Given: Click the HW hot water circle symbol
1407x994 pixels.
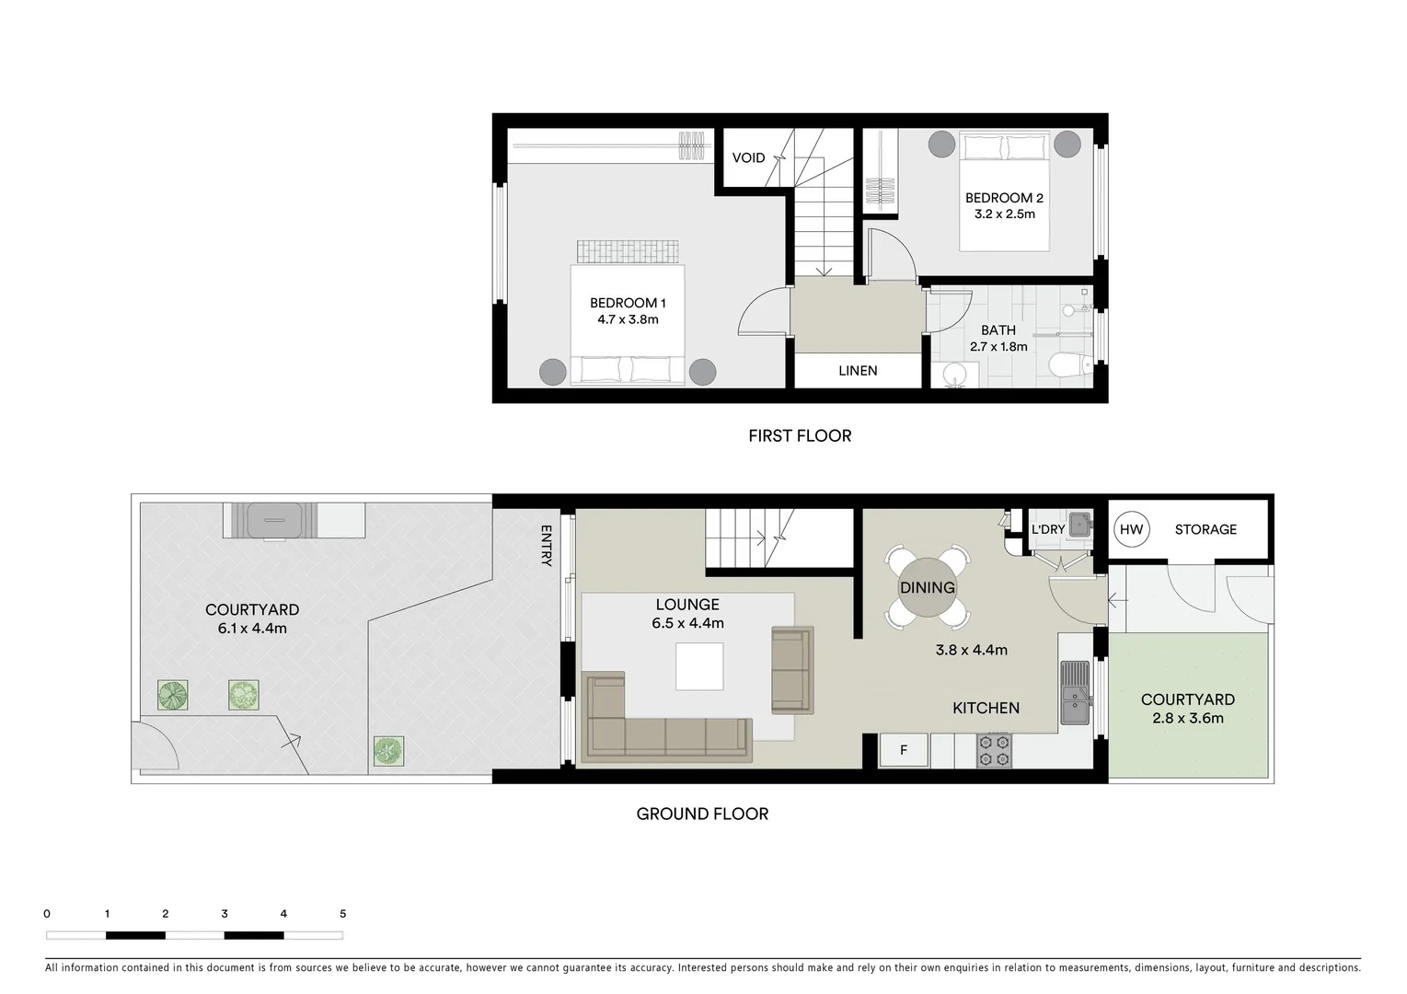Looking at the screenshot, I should (1131, 529).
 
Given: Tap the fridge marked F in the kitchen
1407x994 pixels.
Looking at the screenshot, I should (903, 750).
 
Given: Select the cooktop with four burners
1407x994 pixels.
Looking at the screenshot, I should (993, 750).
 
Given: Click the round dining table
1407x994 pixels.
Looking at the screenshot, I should (927, 587).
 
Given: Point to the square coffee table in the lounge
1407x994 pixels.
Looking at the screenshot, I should (699, 666).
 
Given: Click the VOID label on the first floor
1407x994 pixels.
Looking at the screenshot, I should (748, 157).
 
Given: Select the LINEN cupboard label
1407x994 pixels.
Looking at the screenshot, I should (858, 371).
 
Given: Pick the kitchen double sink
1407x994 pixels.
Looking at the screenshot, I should (1074, 693).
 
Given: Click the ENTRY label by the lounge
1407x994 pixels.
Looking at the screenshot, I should (546, 546).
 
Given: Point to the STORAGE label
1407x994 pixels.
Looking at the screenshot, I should (1205, 529).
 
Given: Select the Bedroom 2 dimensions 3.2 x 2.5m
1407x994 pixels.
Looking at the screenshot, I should (1004, 214).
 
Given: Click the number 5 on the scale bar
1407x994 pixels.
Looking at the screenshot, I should (342, 914).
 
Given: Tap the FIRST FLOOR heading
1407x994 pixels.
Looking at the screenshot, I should (800, 436).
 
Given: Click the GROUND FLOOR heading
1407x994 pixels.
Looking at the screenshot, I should (702, 814).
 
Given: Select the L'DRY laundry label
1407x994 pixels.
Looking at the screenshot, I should (1047, 529).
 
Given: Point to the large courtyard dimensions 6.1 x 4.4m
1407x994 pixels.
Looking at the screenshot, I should (252, 629).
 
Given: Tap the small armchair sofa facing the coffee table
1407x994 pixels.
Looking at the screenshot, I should (791, 670).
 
